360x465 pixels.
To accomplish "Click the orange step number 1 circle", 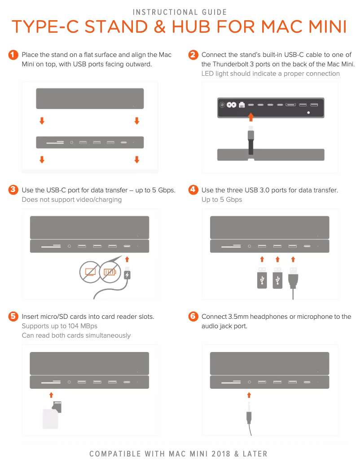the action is coord(13,55).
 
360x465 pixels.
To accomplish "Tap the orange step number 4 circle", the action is coord(193,190).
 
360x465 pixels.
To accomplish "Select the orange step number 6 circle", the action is coord(193,317).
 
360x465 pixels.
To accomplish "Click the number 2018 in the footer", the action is coord(220,454).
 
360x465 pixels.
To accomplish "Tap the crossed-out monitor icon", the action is coord(90,272).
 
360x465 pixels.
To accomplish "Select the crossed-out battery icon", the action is coord(110,272).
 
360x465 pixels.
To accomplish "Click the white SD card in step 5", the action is coord(50,419).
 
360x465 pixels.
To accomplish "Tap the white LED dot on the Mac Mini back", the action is coord(309,113).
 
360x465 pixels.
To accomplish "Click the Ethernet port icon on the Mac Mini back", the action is coord(242,104).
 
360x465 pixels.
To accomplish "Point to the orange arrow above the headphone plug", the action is coord(249,395).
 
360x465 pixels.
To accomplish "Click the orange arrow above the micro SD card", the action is coord(51,395).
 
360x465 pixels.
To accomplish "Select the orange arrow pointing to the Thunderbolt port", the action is coord(251,117).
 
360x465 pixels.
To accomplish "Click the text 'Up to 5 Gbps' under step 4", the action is coord(222,200).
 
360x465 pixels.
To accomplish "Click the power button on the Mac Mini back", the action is coord(222,104).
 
